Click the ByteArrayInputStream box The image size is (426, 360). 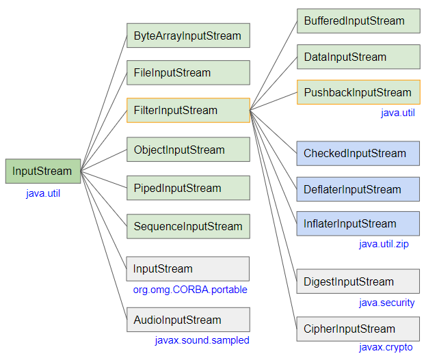(x=188, y=36)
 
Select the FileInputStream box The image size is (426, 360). (x=188, y=73)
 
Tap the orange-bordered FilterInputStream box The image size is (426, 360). (x=188, y=110)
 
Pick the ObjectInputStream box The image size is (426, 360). (x=188, y=150)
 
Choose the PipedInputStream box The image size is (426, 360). (x=188, y=188)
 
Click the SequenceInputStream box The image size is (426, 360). (x=188, y=226)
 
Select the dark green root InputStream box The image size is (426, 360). (x=43, y=171)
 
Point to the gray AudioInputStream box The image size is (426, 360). (x=188, y=320)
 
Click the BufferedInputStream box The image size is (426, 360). (x=358, y=21)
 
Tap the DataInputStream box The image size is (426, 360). (x=358, y=57)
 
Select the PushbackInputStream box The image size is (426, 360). (x=358, y=92)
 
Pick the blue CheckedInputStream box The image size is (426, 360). (x=358, y=154)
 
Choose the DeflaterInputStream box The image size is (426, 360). (x=358, y=189)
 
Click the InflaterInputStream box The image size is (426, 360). (x=358, y=223)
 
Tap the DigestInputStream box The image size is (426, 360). (x=358, y=281)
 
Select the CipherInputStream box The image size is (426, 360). (x=358, y=329)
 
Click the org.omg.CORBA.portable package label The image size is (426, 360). (x=190, y=290)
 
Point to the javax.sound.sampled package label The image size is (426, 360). (x=202, y=340)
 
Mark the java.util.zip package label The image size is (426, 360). (x=384, y=244)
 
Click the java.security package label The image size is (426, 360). (x=387, y=303)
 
